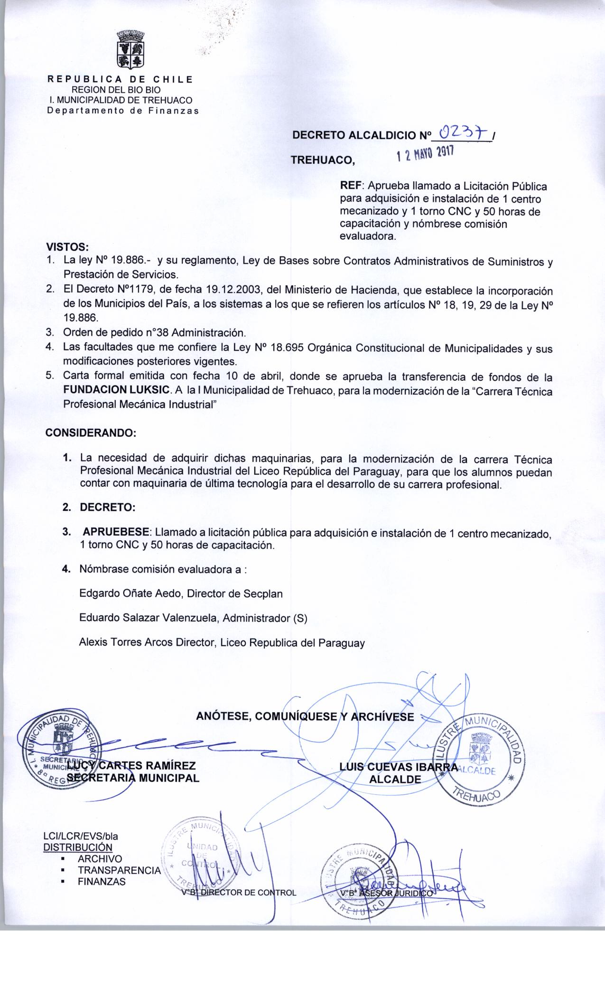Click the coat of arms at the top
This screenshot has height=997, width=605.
point(130,48)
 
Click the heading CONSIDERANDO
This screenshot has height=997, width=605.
point(91,433)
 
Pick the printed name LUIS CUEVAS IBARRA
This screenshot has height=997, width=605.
point(399,767)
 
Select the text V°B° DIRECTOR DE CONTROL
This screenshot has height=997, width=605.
point(239,893)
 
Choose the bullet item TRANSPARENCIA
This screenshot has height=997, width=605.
point(119,870)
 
